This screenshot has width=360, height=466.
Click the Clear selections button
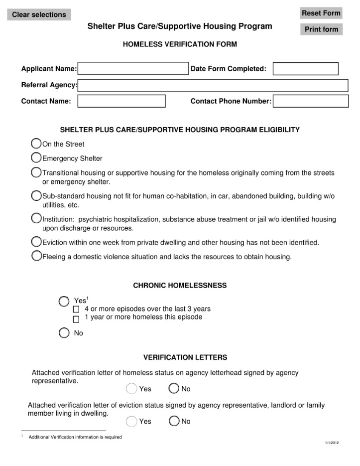tap(39, 14)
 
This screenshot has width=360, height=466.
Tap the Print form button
tap(321, 29)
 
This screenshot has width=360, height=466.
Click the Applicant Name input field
tap(133, 69)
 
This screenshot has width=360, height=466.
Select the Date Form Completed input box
tap(305, 69)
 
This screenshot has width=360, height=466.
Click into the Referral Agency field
tap(213, 85)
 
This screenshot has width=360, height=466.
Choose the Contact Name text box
tap(121, 101)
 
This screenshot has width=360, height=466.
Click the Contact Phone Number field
tap(310, 101)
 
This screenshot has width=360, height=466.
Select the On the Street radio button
tap(36, 144)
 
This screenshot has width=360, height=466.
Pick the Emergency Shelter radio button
tap(36, 158)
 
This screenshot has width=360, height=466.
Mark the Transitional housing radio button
tap(36, 172)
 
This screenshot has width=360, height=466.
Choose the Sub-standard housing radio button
tap(36, 195)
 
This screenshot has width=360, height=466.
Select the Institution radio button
tap(36, 218)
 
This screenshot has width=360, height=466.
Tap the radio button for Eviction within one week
tap(36, 242)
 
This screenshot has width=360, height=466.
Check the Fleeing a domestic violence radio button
tap(36, 256)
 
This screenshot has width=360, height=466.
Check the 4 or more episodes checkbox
tap(76, 310)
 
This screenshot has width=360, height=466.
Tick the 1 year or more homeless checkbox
tap(76, 319)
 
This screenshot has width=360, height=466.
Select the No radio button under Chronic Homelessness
tap(64, 333)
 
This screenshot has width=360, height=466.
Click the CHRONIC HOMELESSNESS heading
tap(180, 286)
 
